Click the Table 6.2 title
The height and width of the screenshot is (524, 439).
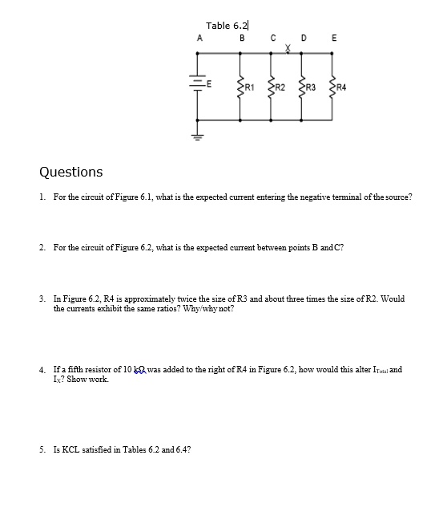(x=228, y=26)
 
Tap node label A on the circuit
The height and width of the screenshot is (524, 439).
(x=199, y=39)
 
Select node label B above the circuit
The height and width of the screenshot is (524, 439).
(x=241, y=39)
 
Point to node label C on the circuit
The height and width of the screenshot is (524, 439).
(x=273, y=39)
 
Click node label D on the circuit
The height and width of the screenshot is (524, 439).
(x=303, y=39)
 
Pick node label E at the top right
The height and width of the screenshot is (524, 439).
(x=334, y=39)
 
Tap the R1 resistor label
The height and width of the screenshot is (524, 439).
(x=249, y=85)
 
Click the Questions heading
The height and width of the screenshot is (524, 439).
(x=71, y=172)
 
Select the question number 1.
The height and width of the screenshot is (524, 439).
(x=41, y=197)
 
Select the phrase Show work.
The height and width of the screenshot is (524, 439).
(x=79, y=379)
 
